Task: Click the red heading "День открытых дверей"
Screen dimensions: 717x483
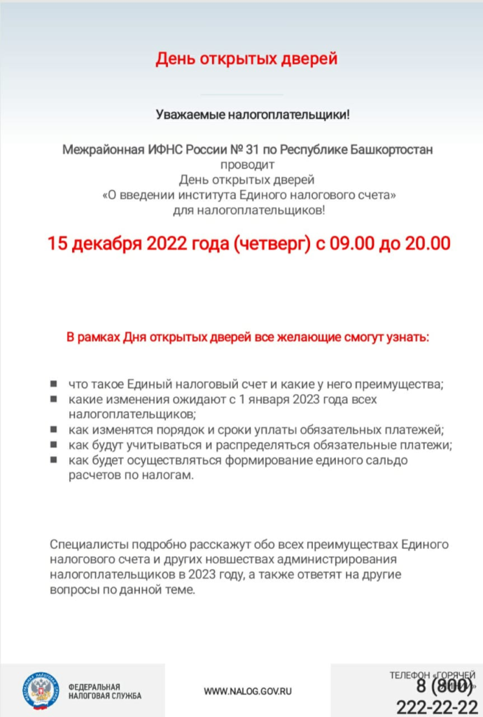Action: point(246,59)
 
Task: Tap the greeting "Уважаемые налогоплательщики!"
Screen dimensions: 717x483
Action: point(251,115)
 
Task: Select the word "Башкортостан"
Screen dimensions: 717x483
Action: point(398,150)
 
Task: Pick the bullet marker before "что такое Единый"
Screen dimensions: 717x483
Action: point(54,384)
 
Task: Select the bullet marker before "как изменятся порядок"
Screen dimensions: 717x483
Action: point(54,430)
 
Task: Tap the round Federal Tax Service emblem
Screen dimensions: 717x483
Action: point(40,690)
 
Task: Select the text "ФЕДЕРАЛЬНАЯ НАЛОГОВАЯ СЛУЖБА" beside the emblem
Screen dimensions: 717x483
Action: point(105,691)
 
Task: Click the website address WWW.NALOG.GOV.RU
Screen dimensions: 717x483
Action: point(248,691)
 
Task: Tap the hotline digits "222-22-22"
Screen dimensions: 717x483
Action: point(435,706)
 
